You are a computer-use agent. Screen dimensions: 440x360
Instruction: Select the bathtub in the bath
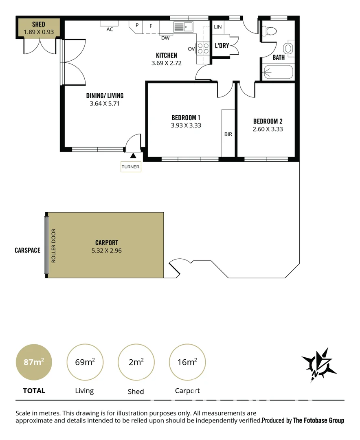[278, 73]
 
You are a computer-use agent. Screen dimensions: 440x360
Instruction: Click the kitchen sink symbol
[183, 27]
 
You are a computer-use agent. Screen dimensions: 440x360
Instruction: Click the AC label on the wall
[110, 29]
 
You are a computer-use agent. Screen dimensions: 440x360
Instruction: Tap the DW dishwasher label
[165, 38]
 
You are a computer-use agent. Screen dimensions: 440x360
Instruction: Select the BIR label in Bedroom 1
[228, 134]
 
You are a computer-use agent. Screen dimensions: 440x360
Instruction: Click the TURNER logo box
[131, 167]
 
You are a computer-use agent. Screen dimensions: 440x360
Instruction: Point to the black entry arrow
[133, 155]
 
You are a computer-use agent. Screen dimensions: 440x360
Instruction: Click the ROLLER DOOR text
[53, 245]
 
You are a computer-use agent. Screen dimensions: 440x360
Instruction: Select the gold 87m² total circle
[34, 362]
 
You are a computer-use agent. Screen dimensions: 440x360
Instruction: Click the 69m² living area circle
[85, 362]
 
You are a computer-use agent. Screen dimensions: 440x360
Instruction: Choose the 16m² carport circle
[187, 362]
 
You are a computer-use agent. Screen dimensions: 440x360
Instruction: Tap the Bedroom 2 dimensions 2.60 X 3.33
[268, 129]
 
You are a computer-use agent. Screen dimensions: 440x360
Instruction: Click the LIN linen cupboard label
[218, 27]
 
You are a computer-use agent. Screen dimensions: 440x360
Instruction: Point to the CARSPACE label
[27, 250]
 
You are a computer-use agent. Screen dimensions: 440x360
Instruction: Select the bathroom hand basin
[289, 48]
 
